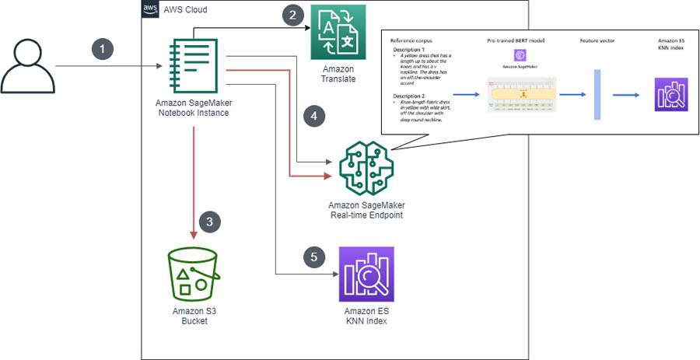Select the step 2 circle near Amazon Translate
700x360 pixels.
tap(292, 16)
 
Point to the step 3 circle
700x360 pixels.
tap(208, 221)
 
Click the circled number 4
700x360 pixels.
tap(313, 116)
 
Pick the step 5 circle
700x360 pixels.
tap(313, 256)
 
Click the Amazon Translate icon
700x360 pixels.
tap(338, 32)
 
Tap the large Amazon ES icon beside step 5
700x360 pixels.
tap(366, 274)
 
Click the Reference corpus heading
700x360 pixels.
tap(411, 39)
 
